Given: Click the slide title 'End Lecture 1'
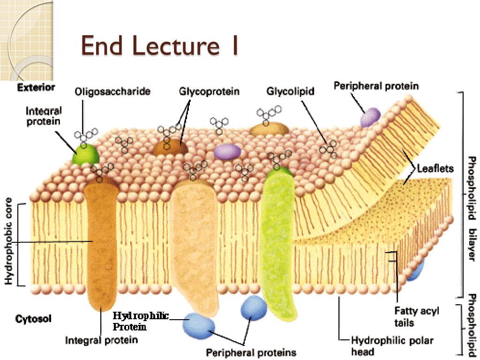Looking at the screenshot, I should [x=159, y=46].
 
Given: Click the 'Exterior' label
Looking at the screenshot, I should [x=36, y=88].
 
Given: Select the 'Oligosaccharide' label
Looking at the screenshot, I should [x=112, y=92].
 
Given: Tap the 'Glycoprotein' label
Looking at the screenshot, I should [x=209, y=91].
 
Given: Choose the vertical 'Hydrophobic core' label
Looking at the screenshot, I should [x=8, y=244].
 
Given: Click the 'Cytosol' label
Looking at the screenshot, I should [x=34, y=319].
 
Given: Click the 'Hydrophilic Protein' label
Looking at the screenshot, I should [x=140, y=321].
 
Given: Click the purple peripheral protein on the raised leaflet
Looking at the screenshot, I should [x=370, y=117].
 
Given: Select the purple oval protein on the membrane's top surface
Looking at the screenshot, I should [x=227, y=151].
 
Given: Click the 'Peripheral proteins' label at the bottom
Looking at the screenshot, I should [x=251, y=352].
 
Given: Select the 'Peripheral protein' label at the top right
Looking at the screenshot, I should [x=376, y=86].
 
